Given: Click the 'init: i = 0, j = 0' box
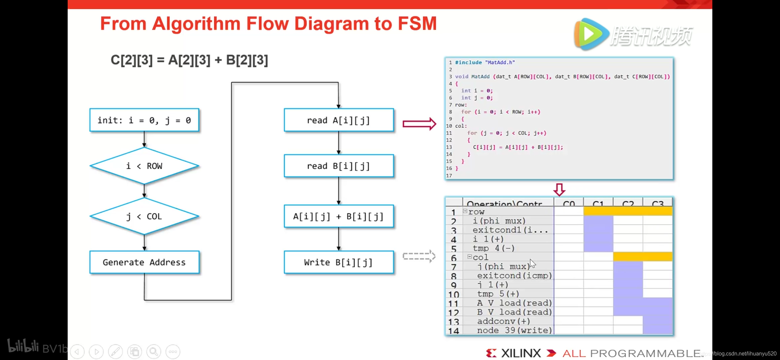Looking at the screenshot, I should click(144, 120).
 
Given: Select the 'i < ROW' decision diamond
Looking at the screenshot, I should click(144, 166).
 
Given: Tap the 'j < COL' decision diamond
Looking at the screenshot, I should click(144, 216).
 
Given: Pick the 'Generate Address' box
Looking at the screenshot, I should click(144, 262).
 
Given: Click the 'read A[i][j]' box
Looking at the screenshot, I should click(338, 120).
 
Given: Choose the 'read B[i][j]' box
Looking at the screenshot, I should click(338, 166).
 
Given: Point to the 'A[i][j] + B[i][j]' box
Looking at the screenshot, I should click(338, 217).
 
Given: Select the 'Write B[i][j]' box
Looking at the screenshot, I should click(338, 262).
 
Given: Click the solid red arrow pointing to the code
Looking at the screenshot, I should click(419, 124).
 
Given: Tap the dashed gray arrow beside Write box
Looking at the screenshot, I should click(419, 256).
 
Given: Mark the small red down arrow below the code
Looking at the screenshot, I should click(559, 189).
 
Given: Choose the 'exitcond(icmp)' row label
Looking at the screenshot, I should click(514, 276).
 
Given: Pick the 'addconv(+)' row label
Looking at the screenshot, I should click(503, 321).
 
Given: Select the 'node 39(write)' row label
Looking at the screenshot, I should click(514, 330).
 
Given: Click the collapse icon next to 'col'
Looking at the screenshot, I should click(469, 257).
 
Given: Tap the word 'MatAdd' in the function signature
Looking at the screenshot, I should click(480, 77).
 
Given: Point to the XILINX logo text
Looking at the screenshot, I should click(521, 353).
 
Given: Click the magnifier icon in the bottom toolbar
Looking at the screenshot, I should click(154, 351).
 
